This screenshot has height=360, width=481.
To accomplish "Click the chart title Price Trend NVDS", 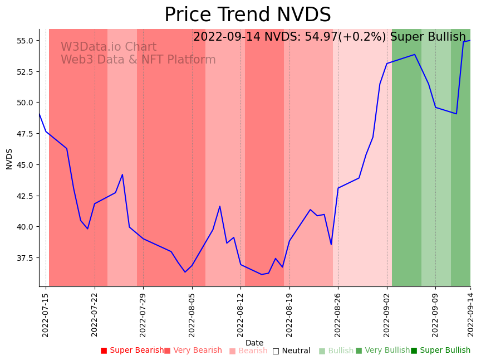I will (x=247, y=15).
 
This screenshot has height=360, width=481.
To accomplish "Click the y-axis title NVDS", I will (x=9, y=159).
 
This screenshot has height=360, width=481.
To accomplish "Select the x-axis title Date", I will (x=254, y=343).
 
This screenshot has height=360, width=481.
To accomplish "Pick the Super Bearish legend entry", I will (x=132, y=351).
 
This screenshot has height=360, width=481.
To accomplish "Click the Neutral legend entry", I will (x=291, y=351).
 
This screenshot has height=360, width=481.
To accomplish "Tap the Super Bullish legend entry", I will (x=440, y=351).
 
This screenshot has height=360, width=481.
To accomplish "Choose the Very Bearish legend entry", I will (x=193, y=351).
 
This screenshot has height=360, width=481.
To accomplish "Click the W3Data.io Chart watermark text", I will (x=109, y=47).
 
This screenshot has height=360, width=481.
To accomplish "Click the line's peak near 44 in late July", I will (x=122, y=174).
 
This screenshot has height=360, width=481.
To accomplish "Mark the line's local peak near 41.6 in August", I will (x=220, y=206).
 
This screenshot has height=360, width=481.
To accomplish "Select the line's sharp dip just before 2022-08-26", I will (x=331, y=244).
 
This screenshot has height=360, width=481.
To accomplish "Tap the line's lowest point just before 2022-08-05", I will (x=185, y=272).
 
